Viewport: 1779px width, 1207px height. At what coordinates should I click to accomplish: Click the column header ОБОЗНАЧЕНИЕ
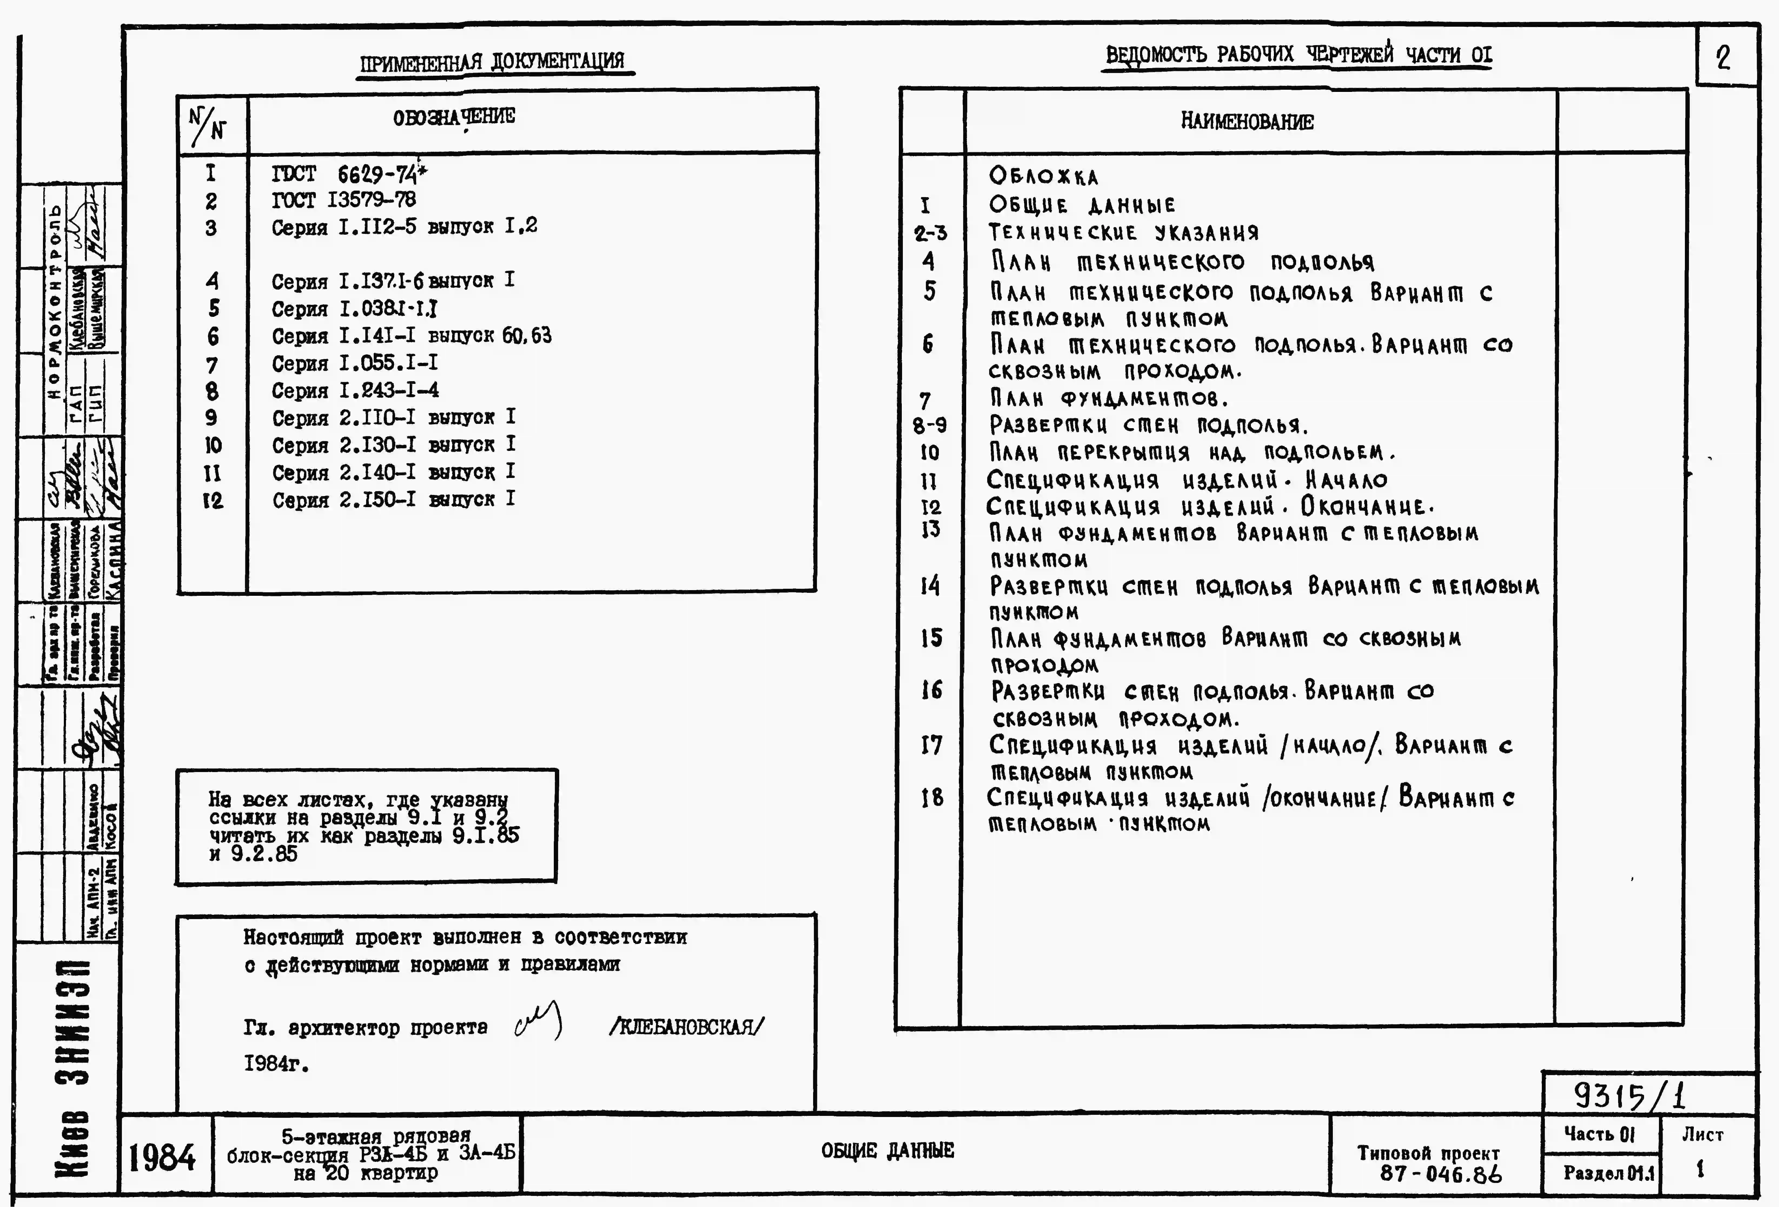point(454,117)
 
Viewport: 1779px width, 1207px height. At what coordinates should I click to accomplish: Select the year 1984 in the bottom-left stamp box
point(161,1157)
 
